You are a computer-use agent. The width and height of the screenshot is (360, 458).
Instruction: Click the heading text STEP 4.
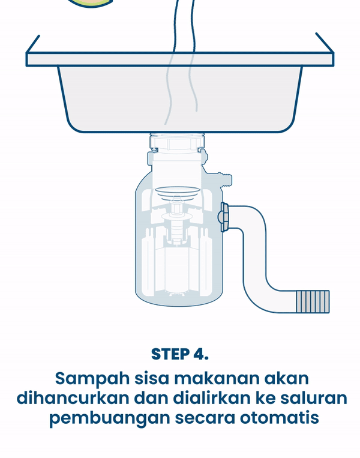point(180,354)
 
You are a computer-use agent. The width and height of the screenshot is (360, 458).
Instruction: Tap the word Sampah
point(92,378)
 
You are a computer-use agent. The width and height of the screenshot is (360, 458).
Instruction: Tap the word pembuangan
point(109,418)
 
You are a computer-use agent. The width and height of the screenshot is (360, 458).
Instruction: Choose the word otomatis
point(280,418)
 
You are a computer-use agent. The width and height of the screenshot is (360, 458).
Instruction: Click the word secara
point(205,418)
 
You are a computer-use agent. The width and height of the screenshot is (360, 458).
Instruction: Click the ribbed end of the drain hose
point(313,302)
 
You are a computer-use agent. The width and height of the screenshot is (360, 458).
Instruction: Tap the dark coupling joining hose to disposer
point(224,217)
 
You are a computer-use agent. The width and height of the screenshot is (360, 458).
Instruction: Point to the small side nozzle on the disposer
point(224,179)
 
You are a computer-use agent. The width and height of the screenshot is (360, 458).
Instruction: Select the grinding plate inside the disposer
point(177,191)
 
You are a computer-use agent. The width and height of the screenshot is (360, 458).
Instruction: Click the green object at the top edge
point(91,3)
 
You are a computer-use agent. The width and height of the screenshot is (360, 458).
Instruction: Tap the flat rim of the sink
point(180,59)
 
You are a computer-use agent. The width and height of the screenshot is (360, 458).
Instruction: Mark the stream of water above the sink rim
point(184,26)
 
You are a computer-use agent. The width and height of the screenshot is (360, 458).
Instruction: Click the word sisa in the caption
point(152,378)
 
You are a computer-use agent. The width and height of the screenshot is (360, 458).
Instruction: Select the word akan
point(286,378)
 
